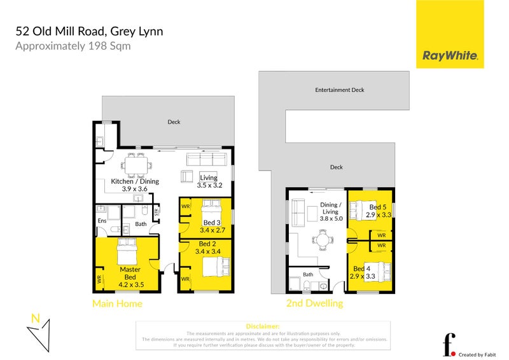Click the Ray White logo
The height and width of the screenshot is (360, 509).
point(450,56)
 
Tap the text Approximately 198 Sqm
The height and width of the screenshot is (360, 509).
point(73,46)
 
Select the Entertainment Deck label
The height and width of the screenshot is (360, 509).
point(340,90)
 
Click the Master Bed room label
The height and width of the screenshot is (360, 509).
point(130,273)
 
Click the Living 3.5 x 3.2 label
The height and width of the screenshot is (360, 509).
point(209,181)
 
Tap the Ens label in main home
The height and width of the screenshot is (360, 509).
point(102,221)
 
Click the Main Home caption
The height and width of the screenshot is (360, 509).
point(117,303)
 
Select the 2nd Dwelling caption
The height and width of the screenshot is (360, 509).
point(314,303)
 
